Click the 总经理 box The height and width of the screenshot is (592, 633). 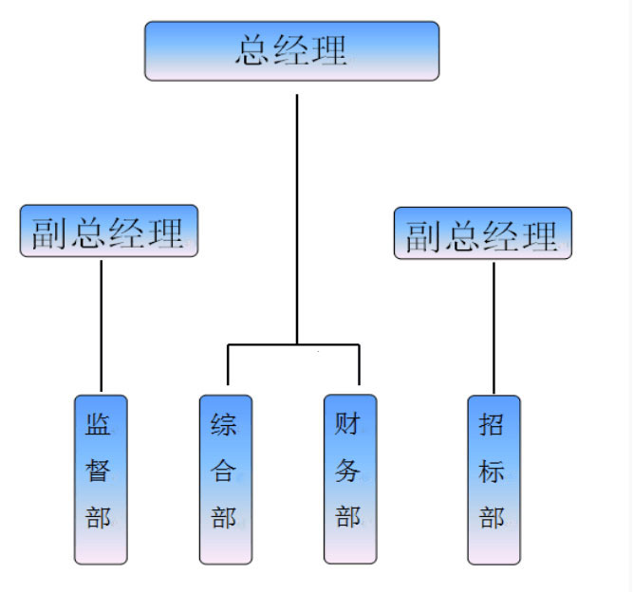[291, 50]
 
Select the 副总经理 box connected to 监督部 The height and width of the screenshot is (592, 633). [109, 231]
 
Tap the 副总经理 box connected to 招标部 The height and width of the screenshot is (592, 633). [483, 232]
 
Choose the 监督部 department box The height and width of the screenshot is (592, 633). [101, 479]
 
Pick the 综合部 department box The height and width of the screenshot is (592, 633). [226, 479]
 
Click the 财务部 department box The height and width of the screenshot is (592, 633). [349, 478]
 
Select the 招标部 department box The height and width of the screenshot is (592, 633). [493, 479]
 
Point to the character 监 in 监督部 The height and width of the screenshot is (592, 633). [99, 423]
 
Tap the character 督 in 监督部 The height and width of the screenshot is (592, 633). [99, 471]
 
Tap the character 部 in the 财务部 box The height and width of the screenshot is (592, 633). [348, 517]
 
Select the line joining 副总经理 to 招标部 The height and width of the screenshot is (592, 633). [493, 327]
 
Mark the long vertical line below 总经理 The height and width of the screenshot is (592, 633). [297, 218]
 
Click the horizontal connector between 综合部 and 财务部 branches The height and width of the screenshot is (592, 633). [293, 344]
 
